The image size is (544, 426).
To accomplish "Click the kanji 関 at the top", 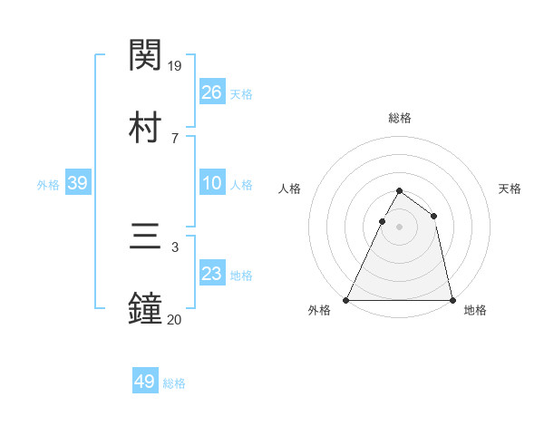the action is (x=146, y=55).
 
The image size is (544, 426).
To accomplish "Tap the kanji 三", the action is (x=146, y=237).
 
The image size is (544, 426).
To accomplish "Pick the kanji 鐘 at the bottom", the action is (x=146, y=308).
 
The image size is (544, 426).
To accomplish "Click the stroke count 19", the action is (x=176, y=66).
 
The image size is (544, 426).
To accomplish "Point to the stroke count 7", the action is (x=175, y=138).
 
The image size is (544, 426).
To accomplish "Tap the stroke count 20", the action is (x=175, y=319).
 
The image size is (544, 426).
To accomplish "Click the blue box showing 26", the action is (x=211, y=92).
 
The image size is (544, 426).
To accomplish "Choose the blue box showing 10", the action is (x=211, y=183).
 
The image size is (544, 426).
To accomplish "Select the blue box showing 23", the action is (x=211, y=274).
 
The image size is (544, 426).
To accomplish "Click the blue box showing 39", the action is (x=78, y=183).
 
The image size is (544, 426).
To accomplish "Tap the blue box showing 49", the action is (x=145, y=382).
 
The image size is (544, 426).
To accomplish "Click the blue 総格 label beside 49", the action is (x=174, y=383).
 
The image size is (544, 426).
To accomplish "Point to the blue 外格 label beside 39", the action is (x=48, y=185).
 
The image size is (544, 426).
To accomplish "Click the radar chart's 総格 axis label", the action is (x=400, y=118).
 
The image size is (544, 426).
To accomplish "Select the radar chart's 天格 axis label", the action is (x=510, y=189).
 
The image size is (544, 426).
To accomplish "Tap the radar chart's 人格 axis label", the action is (x=290, y=189).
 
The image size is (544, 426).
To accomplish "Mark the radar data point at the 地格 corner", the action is (x=452, y=299).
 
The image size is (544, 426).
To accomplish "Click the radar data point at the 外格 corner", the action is (x=346, y=299).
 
